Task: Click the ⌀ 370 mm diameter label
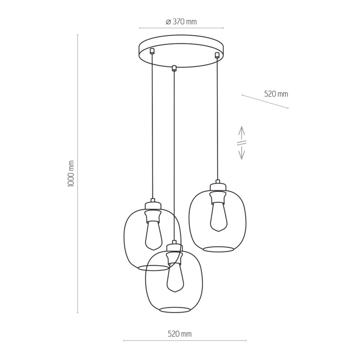coord(181,22)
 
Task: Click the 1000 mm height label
coord(71,174)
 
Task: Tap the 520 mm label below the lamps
coord(180,334)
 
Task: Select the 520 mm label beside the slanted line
coord(276,94)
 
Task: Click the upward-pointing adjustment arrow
coord(242,132)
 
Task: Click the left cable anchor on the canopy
coord(152,51)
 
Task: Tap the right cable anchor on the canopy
coord(217,54)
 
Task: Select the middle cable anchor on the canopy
coord(174,68)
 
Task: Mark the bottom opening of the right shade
coord(218,249)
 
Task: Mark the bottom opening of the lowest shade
coord(174,310)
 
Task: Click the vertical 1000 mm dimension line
coord(78,174)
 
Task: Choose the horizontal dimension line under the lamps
coord(185,341)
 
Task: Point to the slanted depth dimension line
coord(265,102)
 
